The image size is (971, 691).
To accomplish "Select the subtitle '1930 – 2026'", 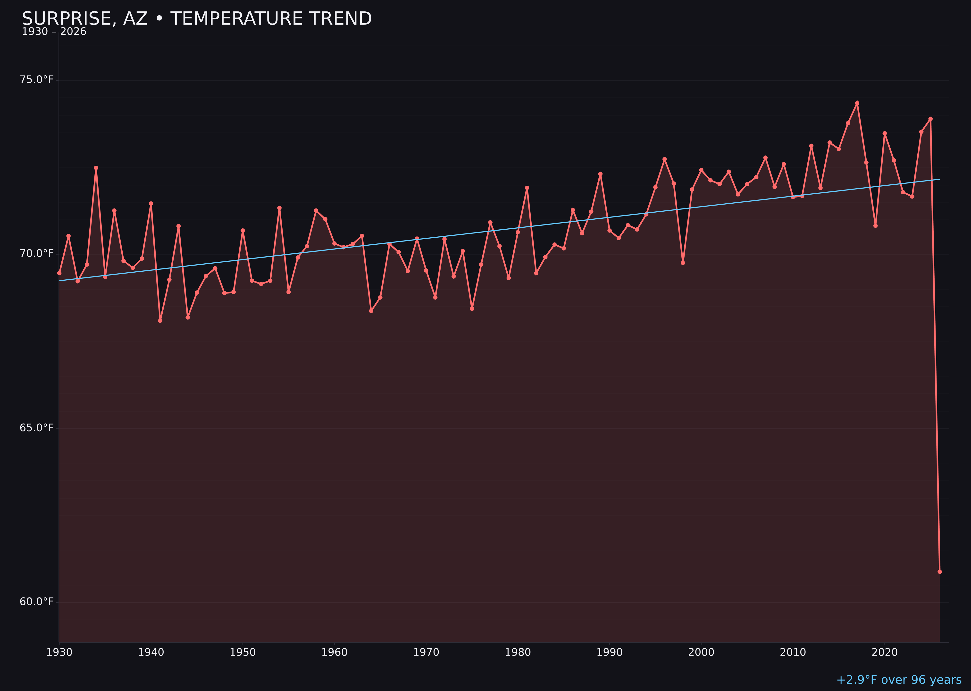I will tap(54, 32).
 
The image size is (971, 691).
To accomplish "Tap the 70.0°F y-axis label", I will tap(37, 254).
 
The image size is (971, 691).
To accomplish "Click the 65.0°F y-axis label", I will tap(37, 428).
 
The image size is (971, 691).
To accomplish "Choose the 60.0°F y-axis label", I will tap(37, 602).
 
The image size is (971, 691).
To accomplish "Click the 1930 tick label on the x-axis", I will tap(59, 652).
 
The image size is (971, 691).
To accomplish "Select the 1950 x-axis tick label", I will tap(243, 652).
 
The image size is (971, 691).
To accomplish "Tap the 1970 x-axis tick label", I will tap(426, 652).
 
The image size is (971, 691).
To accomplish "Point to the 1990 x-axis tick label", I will tap(609, 652).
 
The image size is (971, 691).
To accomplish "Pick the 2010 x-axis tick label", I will tap(793, 652).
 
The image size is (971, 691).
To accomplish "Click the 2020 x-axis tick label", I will tap(884, 652).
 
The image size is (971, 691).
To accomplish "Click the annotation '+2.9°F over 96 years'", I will tap(899, 680).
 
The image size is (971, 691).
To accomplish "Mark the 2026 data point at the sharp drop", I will tap(939, 571).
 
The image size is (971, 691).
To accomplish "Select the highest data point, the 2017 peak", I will tap(857, 103).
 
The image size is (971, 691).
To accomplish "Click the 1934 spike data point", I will tap(96, 168).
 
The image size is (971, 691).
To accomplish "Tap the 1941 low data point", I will tap(160, 320).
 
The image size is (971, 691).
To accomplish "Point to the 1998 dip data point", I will tap(683, 263).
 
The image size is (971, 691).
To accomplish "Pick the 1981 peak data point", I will tap(527, 188).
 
